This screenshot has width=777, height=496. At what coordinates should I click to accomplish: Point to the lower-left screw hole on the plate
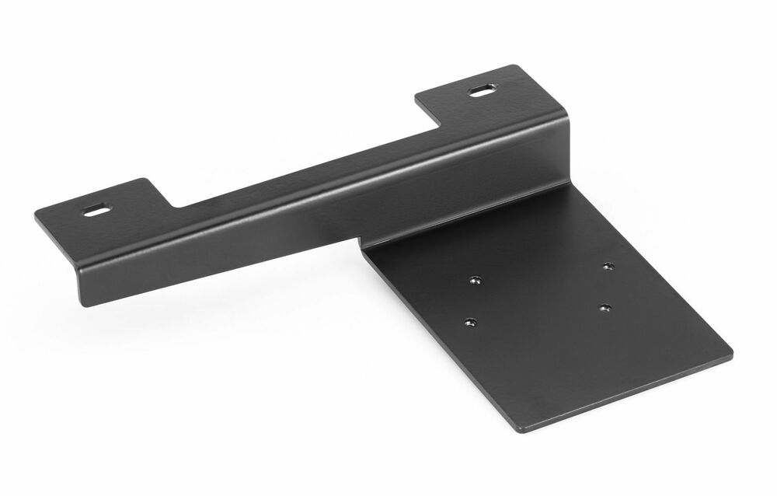click(x=468, y=320)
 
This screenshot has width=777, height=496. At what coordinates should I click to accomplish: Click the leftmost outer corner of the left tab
click(x=36, y=216)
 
